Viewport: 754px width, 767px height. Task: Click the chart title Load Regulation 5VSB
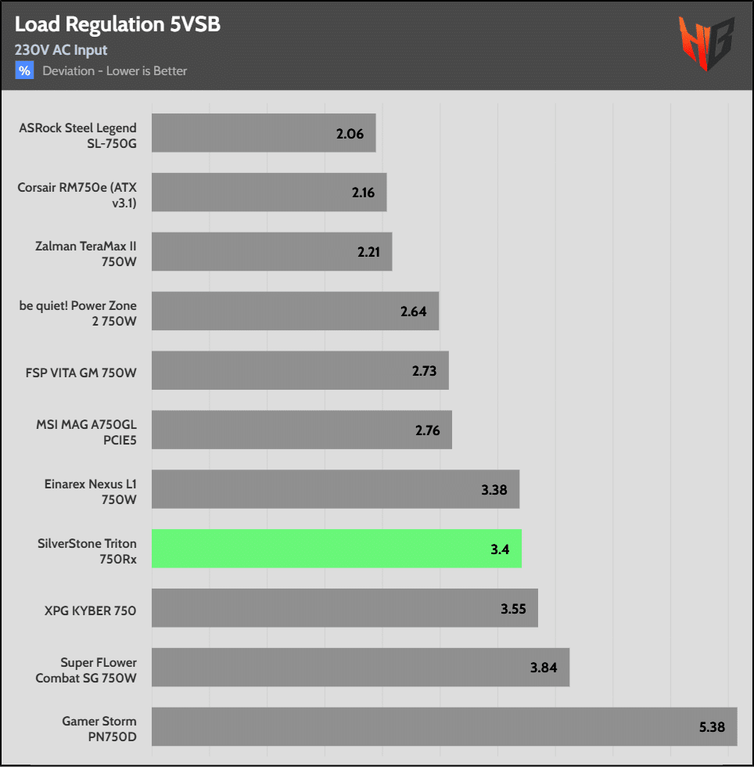tap(117, 25)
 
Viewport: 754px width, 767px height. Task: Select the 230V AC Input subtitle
tap(61, 50)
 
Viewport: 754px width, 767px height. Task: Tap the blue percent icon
tap(24, 70)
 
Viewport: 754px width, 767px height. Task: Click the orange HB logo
tap(706, 43)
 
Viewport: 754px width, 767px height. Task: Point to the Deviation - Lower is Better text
tap(114, 71)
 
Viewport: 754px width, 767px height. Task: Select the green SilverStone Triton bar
tap(336, 549)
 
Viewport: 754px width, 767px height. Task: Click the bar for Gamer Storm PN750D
tap(443, 727)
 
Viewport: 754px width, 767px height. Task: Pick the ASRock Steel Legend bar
tap(263, 133)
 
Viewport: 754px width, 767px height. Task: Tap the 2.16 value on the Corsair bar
tap(364, 193)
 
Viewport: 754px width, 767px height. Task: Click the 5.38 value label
tap(713, 727)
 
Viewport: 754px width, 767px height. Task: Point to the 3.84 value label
tap(544, 668)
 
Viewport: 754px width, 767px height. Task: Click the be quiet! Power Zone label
tap(78, 312)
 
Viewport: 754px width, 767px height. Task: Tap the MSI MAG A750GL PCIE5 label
tap(86, 431)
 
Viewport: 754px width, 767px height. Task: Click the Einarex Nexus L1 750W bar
tap(335, 489)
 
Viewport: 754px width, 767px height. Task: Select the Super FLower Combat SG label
tap(86, 670)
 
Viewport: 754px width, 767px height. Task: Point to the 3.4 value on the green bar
tap(500, 549)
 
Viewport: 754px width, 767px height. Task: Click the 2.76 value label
tap(427, 430)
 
